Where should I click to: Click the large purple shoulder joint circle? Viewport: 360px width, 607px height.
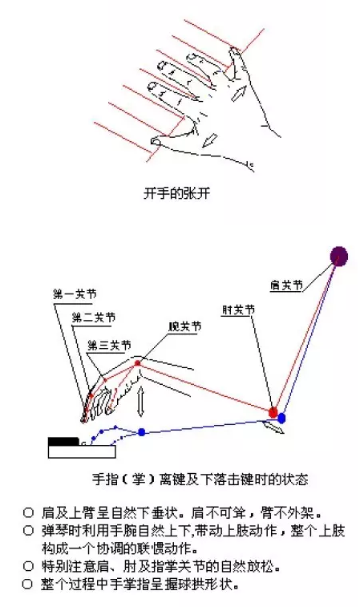338,257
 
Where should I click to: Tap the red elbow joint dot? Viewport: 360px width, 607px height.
273,412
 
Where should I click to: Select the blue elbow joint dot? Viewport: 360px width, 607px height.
281,418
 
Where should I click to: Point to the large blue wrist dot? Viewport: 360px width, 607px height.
142,432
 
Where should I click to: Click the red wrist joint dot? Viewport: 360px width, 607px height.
137,363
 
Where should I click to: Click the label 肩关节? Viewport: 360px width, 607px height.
286,285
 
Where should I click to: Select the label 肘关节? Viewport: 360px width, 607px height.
238,310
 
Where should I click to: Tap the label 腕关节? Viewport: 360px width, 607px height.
184,326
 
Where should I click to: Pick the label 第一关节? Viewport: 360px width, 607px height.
75,294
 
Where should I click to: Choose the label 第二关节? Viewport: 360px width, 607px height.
94,318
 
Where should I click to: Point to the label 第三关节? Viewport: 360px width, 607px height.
110,345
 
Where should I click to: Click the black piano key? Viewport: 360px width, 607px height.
63,442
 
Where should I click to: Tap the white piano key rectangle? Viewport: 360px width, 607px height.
82,451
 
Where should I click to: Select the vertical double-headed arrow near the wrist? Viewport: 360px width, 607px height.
141,401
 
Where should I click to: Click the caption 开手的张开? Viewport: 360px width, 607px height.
177,192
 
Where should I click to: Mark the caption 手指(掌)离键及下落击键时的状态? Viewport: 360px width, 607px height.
200,480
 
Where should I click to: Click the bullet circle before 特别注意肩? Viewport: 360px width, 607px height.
28,566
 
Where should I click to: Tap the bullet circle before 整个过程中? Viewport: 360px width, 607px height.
27,584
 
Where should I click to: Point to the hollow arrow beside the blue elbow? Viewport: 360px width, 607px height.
273,427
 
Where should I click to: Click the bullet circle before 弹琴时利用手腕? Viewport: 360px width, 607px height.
28,530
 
